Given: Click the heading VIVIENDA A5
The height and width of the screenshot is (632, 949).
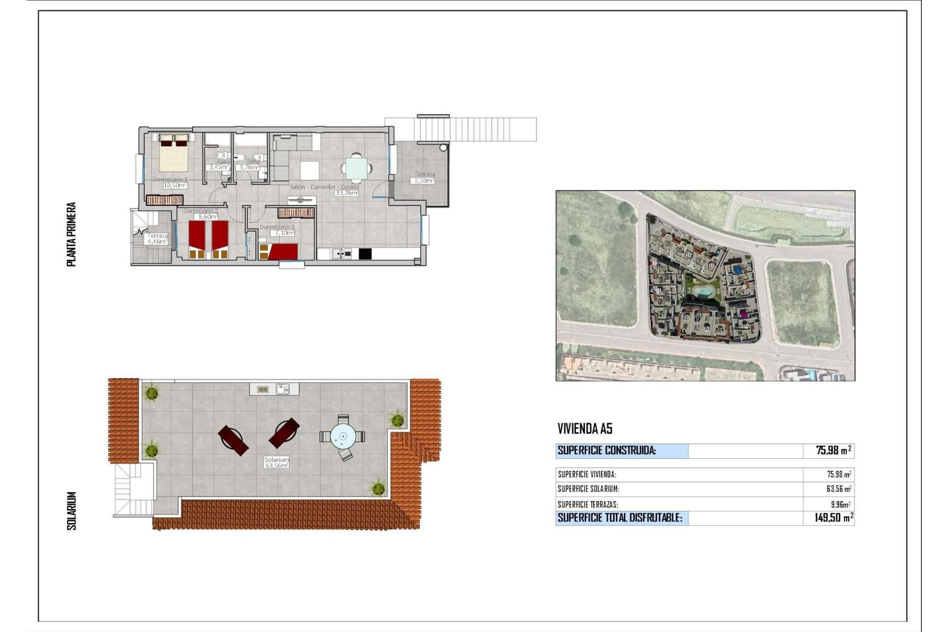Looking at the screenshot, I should coord(585,429).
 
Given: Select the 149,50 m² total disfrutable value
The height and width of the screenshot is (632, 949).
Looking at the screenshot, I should coord(834,518).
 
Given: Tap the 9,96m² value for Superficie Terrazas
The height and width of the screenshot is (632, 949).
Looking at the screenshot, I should coord(840,505).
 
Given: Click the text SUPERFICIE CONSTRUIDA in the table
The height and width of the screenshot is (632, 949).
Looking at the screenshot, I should coord(606,450).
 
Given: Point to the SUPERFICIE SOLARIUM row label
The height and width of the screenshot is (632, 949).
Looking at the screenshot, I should coord(588,489).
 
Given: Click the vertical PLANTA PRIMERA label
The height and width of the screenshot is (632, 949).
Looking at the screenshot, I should coord(72,234).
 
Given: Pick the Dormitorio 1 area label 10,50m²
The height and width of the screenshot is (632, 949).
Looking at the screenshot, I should coord(175,186).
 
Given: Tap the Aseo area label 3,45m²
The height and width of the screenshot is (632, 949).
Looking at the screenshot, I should coord(218,167).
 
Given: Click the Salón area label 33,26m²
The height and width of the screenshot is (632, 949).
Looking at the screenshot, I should coord(347,193).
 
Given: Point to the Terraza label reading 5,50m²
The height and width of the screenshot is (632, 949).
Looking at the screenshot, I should coord(424,181).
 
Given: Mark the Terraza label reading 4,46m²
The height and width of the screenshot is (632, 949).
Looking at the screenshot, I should coord(157,242).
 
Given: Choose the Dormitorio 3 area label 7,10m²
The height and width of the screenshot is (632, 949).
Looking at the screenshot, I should coord(284,233).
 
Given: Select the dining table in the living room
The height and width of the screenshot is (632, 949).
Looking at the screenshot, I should coord(356,168).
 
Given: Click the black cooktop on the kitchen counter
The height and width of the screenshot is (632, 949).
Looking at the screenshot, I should coord(365,254).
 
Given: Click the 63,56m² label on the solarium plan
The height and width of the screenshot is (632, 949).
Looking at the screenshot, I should coord(277,465).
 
